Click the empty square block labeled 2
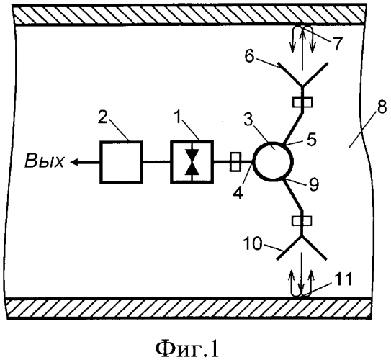[122, 162]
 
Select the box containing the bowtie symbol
[192, 162]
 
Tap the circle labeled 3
[273, 161]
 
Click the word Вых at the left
[45, 161]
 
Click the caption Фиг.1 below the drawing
[187, 349]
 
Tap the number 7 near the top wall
[337, 43]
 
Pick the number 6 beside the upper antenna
[249, 57]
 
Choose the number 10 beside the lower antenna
[253, 243]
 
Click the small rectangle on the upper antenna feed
[302, 102]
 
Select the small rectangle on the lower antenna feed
[302, 220]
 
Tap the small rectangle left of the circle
[235, 162]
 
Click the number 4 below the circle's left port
[238, 192]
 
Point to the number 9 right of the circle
[314, 185]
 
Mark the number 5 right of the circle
[312, 140]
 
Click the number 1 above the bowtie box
[179, 117]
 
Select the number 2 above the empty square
[104, 117]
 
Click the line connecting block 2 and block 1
[157, 162]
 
